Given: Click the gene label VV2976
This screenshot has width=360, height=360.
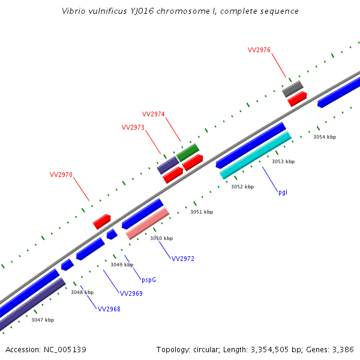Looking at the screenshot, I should (x=259, y=50).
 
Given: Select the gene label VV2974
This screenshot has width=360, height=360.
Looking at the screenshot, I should (x=153, y=114).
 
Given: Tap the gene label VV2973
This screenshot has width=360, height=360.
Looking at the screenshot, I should (x=133, y=127).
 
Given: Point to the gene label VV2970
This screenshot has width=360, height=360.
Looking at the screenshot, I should (x=61, y=175).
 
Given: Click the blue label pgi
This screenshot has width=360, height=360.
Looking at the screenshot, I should (x=283, y=193).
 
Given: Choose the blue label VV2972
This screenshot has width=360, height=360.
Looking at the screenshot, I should (x=183, y=259).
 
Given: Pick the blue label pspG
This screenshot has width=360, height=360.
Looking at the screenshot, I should (x=149, y=280).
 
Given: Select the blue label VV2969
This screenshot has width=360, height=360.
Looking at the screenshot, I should (x=131, y=293).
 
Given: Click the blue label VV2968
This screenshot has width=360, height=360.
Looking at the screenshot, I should (x=109, y=309).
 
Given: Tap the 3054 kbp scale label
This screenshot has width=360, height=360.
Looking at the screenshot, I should (x=325, y=137).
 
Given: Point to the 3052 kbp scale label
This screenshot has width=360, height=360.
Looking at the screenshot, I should (x=242, y=187).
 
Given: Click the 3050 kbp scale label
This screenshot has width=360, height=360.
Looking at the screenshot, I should (x=161, y=238).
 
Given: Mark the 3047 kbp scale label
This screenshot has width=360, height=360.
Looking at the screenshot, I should (x=43, y=320).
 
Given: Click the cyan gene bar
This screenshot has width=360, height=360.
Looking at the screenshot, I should (x=256, y=155).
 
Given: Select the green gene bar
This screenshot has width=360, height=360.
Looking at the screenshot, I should (x=188, y=152).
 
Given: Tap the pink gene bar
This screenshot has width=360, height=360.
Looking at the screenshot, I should (x=148, y=223).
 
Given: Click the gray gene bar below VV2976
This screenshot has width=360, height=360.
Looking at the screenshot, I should (x=293, y=89).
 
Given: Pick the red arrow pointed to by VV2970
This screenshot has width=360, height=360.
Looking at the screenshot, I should (x=102, y=221).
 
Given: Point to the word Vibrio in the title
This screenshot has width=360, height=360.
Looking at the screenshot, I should (x=75, y=11).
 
